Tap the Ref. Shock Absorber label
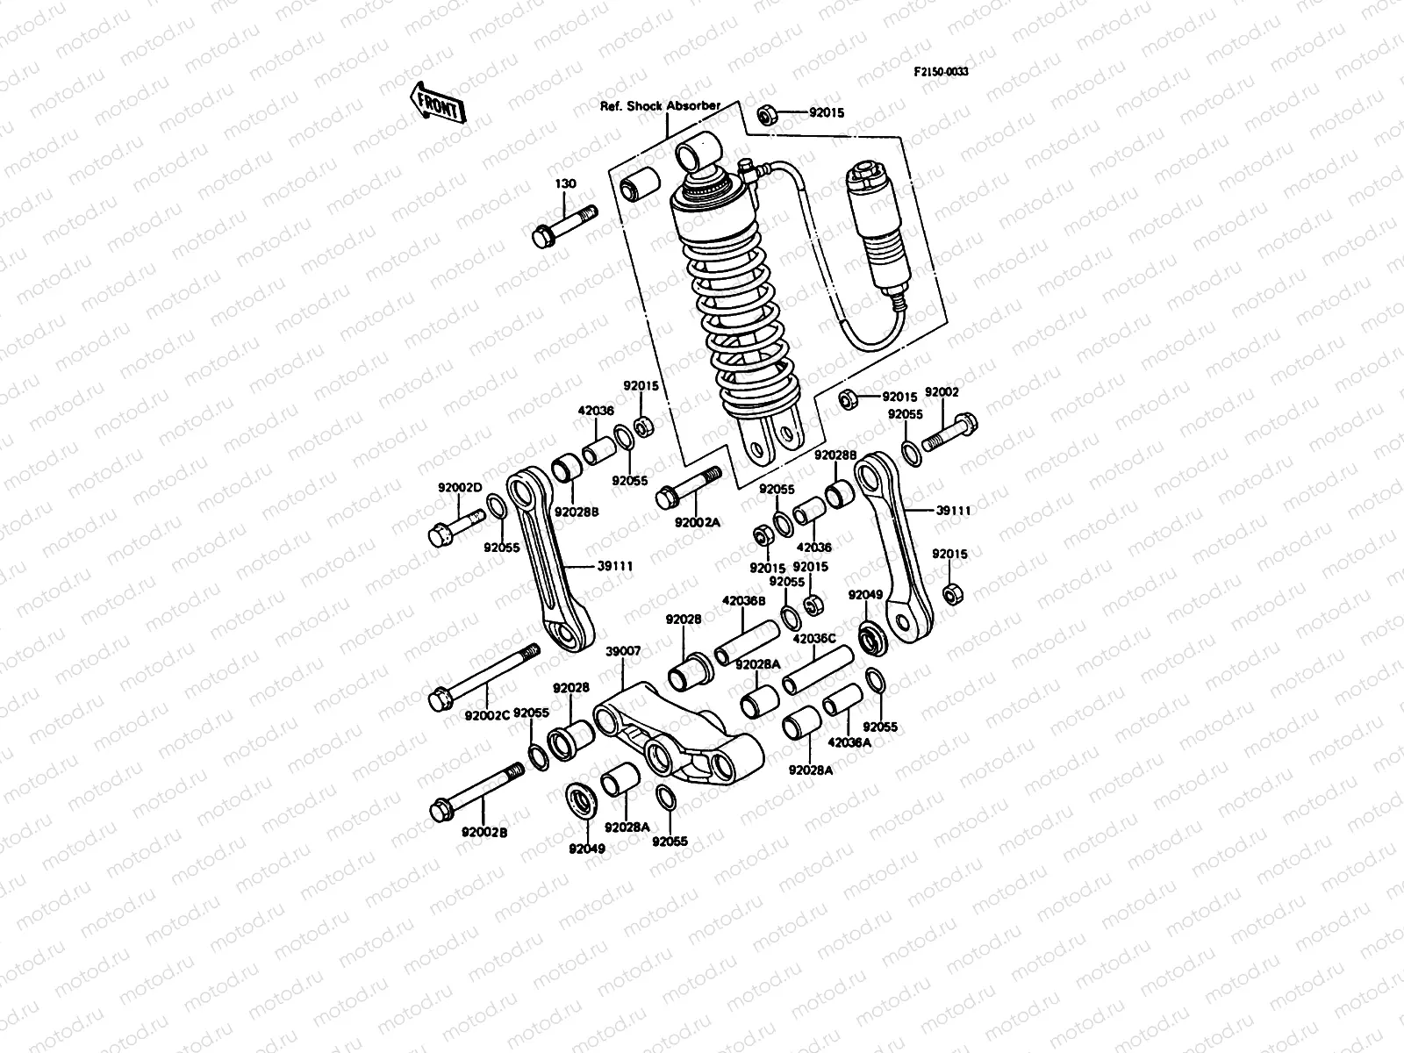pos(660,105)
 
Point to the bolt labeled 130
pos(562,225)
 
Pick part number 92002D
pos(461,488)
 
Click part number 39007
pos(623,651)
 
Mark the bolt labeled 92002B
pos(478,789)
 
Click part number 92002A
pos(697,522)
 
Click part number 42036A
pos(849,741)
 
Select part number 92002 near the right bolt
pos(942,392)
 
